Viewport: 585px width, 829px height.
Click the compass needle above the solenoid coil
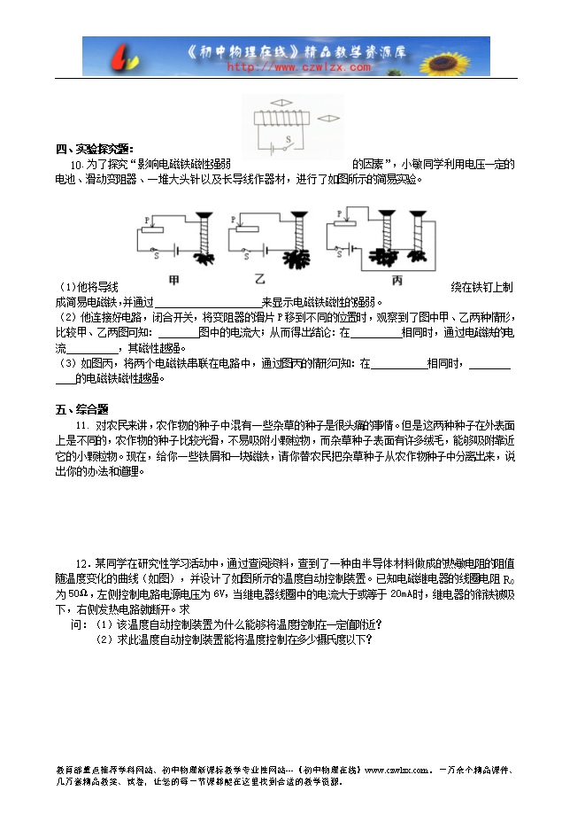point(281,103)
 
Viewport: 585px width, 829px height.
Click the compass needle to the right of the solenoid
point(328,117)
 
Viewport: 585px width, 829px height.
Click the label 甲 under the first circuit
point(173,281)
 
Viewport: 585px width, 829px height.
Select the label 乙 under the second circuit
point(260,281)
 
